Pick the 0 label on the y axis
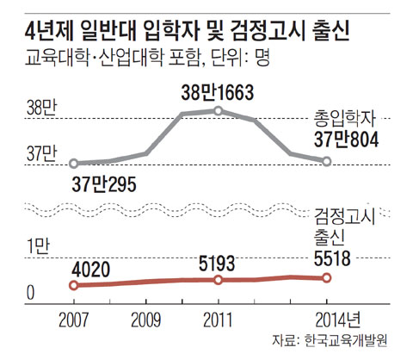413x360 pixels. pos(30,293)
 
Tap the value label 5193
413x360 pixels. pos(219,260)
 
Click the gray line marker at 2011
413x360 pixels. pos(219,110)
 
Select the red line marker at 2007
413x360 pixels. pos(74,285)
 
